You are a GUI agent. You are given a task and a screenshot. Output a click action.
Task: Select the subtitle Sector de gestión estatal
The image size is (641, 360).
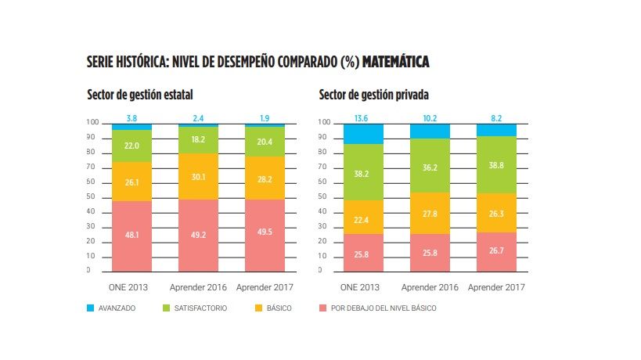click(x=140, y=95)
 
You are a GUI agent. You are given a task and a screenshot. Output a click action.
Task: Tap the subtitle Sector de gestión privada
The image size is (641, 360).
click(x=373, y=95)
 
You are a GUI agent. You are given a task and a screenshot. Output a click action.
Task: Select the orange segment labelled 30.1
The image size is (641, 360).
click(x=199, y=177)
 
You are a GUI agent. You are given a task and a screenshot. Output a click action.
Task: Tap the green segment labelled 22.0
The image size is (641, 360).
click(x=132, y=146)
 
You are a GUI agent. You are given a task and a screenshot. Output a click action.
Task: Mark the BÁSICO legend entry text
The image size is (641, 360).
click(x=279, y=308)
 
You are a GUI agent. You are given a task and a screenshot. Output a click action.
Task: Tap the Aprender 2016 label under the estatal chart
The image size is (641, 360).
click(x=199, y=286)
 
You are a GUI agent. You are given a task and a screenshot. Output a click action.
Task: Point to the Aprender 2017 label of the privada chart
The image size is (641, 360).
click(x=497, y=286)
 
